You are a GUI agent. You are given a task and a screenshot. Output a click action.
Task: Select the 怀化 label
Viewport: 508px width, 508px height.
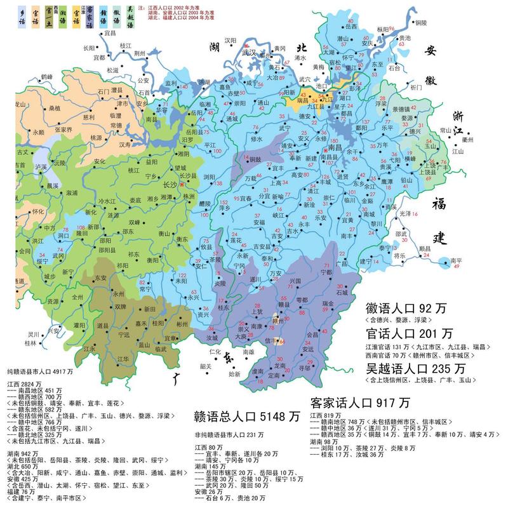point(21,211)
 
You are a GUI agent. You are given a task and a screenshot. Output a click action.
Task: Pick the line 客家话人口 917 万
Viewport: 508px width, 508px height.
point(359,403)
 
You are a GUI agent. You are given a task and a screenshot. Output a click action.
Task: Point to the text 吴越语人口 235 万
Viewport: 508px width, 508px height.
point(415,368)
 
